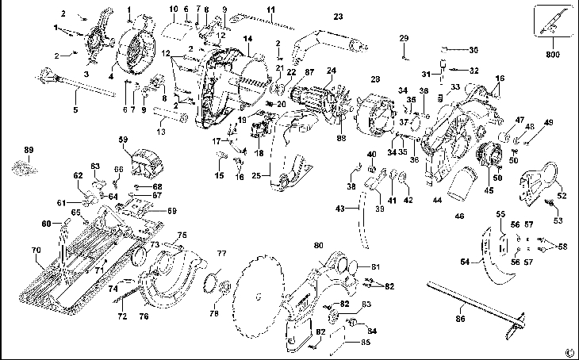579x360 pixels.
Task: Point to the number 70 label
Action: pyautogui.click(x=36, y=251)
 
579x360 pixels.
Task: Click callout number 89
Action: pyautogui.click(x=29, y=150)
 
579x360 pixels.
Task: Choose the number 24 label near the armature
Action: pyautogui.click(x=331, y=71)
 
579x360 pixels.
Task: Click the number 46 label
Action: pyautogui.click(x=459, y=215)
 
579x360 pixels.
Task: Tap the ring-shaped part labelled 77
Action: pyautogui.click(x=215, y=281)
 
